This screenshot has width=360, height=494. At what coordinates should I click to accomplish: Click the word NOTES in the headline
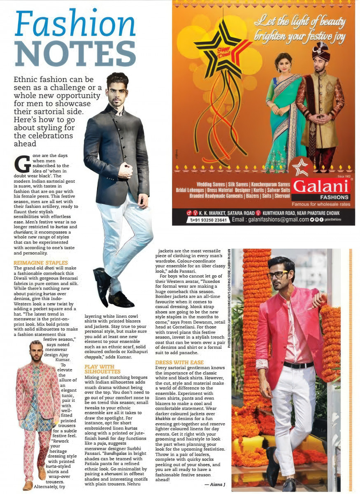(75, 54)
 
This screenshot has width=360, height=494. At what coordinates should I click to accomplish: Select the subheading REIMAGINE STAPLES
(41, 263)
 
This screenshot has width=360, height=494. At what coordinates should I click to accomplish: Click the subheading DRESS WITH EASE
(179, 362)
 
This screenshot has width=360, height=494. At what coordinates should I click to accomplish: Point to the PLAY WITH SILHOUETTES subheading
(100, 369)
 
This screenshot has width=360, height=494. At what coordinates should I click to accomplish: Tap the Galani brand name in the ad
(321, 186)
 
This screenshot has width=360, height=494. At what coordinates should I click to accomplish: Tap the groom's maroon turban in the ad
(321, 51)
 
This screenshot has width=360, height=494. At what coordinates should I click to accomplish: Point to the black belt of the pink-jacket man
(298, 365)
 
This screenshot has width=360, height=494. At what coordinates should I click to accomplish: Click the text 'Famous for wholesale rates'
(321, 204)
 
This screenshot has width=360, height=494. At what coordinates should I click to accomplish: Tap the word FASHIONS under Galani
(321, 197)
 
